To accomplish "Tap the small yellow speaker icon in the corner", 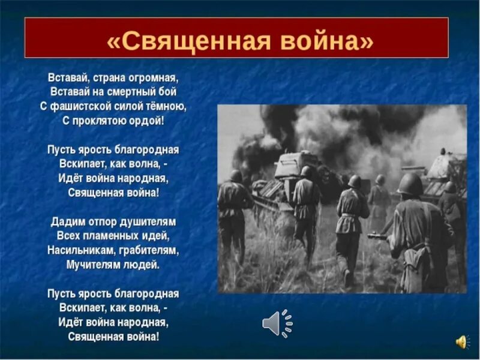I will click(461, 342).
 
